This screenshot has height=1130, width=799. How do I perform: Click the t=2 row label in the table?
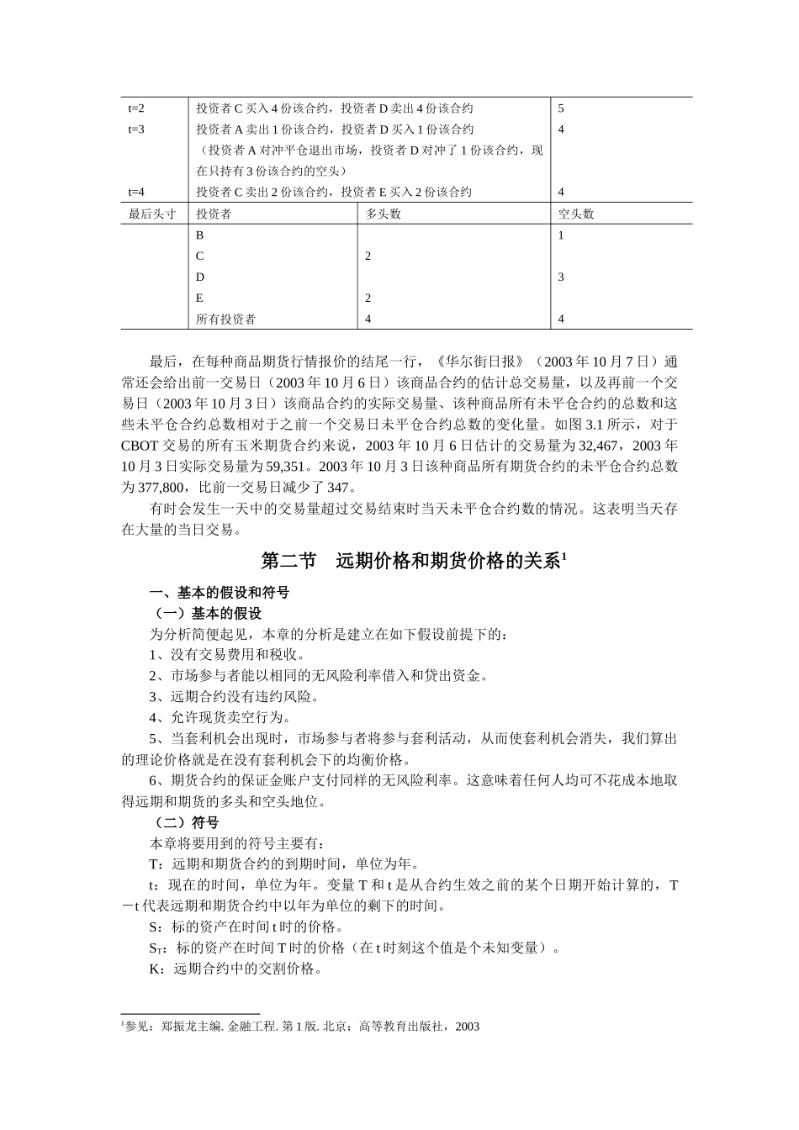(x=136, y=108)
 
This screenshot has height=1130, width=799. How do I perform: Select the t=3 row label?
(x=136, y=129)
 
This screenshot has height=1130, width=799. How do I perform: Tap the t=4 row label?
(x=136, y=192)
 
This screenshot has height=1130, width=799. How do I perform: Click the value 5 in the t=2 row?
(x=561, y=108)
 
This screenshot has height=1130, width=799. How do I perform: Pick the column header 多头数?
(x=384, y=214)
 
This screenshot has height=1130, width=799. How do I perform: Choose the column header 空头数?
(x=576, y=214)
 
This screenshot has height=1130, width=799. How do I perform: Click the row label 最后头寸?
(x=152, y=214)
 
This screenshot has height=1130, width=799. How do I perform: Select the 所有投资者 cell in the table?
(x=226, y=319)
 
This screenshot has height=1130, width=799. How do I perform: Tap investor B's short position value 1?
(x=561, y=235)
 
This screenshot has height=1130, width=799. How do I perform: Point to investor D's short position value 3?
(x=561, y=277)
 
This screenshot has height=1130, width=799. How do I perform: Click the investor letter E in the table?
(x=199, y=298)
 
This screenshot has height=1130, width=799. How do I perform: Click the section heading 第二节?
(x=287, y=562)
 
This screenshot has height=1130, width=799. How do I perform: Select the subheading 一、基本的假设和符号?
(x=220, y=593)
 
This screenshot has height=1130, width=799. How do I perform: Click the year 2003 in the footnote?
(x=466, y=1026)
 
